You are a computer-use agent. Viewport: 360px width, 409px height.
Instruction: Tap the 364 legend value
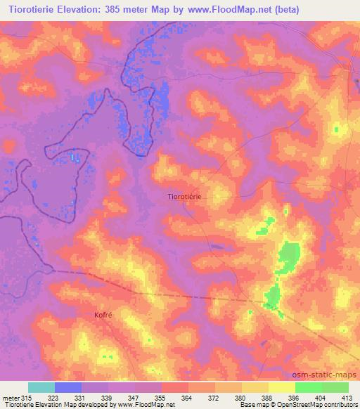point(187,398)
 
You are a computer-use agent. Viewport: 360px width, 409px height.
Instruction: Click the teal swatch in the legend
point(41,387)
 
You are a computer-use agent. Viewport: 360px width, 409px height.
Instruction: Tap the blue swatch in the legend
point(68,387)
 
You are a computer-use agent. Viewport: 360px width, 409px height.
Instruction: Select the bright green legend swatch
point(309,387)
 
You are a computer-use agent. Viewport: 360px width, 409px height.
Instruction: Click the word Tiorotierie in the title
point(37,10)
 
